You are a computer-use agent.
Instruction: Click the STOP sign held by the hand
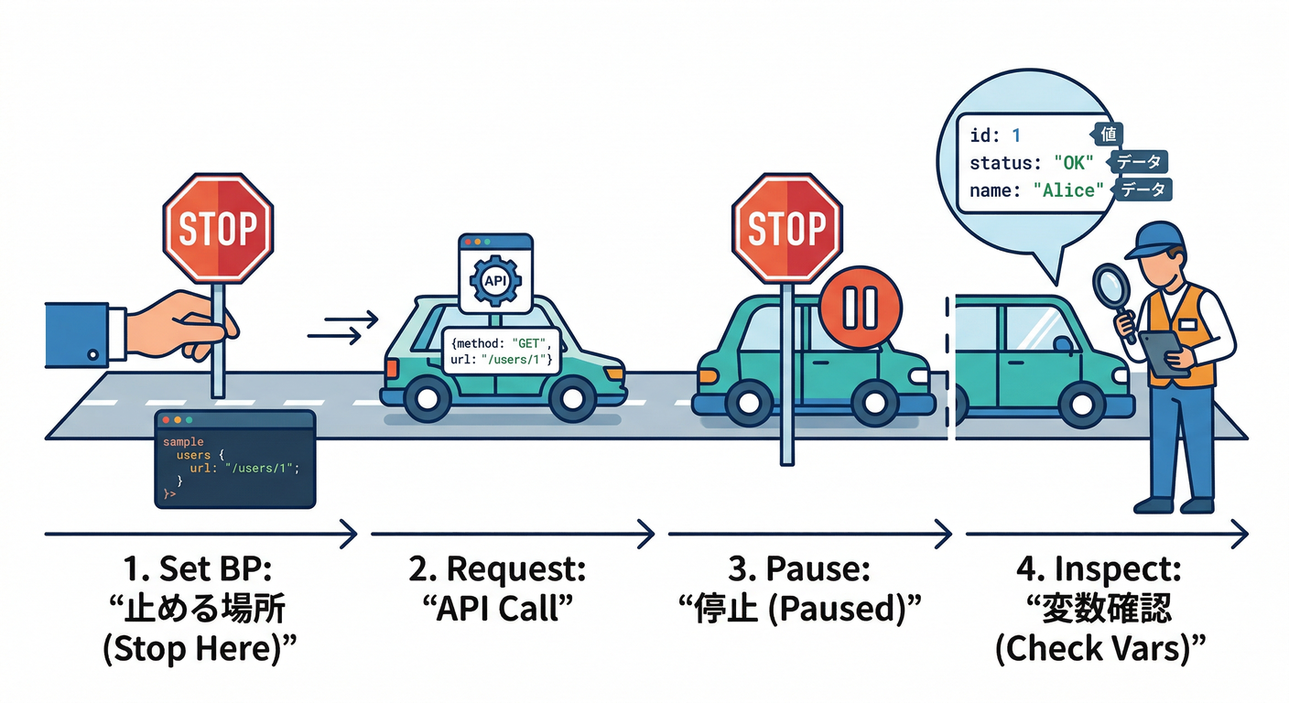point(218,230)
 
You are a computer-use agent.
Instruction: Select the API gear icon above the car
point(494,280)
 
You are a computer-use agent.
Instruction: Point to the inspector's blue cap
point(1155,239)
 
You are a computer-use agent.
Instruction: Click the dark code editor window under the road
point(235,459)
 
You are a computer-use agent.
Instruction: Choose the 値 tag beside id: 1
point(1108,135)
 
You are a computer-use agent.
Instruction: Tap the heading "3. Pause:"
point(797,569)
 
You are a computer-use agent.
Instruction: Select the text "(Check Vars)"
point(1099,649)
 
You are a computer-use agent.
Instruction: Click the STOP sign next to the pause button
point(786,229)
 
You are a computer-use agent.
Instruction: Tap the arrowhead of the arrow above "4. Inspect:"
point(1240,533)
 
